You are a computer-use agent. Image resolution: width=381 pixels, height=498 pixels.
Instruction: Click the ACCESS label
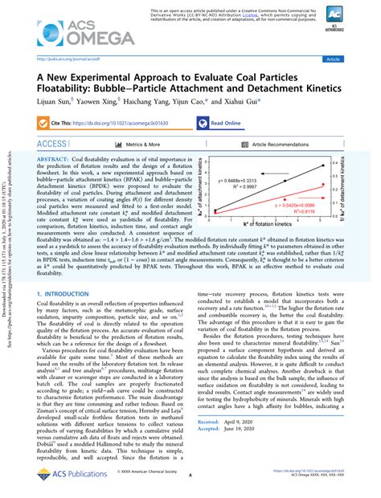pyautogui.click(x=52, y=143)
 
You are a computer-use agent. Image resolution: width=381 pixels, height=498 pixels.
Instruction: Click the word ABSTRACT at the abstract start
pyautogui.click(x=55, y=161)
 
